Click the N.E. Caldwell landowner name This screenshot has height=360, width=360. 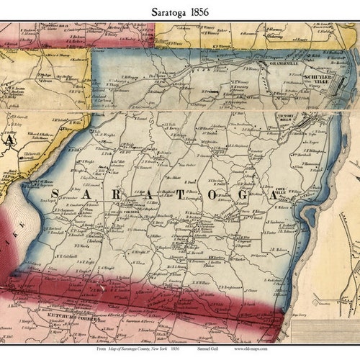67,256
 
